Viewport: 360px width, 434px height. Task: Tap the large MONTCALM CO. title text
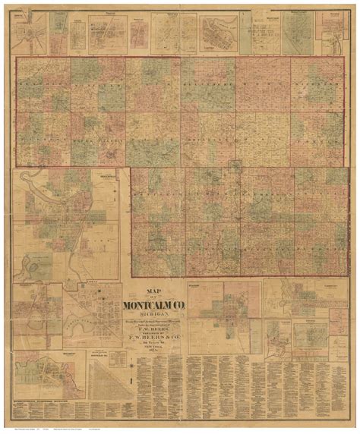(x=156, y=306)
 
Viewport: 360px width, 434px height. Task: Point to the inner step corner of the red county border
(x=131, y=167)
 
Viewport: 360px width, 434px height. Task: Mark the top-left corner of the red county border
(x=16, y=57)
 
